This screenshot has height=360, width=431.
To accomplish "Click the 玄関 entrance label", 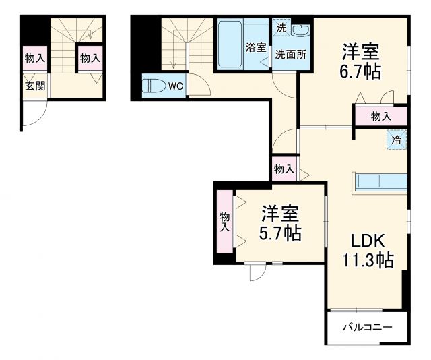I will [35, 86].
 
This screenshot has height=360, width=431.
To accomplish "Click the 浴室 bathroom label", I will [255, 48].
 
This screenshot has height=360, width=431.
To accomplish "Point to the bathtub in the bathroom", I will [229, 44].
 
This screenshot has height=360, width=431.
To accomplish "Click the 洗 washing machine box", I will [279, 30].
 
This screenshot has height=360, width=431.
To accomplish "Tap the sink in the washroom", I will [301, 31].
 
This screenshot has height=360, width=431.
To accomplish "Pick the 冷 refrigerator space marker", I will [397, 140].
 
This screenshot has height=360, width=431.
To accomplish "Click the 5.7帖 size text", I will [280, 234].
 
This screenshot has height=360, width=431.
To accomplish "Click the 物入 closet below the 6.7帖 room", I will [380, 116].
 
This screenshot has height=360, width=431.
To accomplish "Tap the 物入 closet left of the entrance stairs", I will [35, 58].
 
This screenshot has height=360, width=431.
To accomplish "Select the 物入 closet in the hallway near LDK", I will [284, 169].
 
